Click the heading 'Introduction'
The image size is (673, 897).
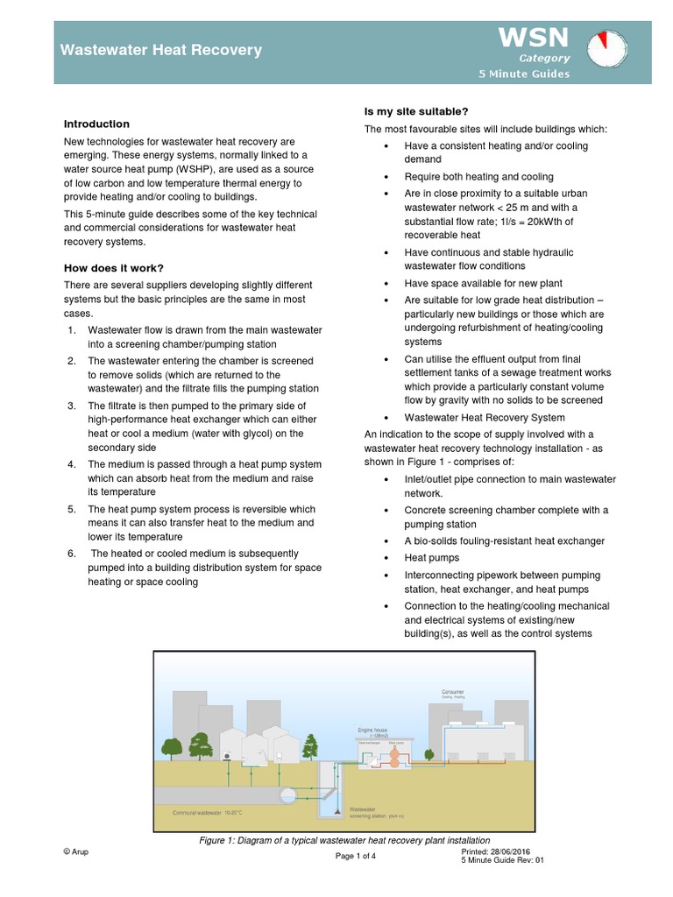[x=96, y=124]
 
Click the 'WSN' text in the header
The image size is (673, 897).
[x=534, y=37]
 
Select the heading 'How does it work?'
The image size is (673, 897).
[x=114, y=268]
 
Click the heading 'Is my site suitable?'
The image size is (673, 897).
[x=415, y=111]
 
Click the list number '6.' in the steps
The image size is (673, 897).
[x=71, y=554]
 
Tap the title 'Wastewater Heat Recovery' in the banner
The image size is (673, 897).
[x=160, y=50]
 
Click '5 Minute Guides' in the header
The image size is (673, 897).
[x=523, y=74]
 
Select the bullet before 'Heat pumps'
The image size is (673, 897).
[x=386, y=558]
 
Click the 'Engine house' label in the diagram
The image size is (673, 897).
[x=373, y=728]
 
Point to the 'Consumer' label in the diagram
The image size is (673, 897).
[x=453, y=692]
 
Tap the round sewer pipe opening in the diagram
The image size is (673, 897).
[x=286, y=795]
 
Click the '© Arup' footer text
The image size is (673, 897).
[x=76, y=851]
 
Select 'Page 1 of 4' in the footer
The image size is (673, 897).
[x=356, y=856]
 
